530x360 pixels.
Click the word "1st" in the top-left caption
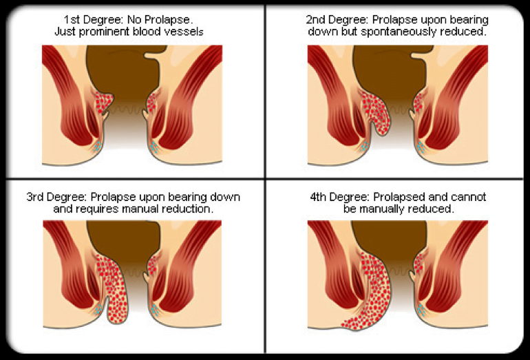tap(72, 19)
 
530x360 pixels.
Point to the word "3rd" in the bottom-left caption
tap(35, 197)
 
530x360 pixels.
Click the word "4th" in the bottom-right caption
tap(318, 197)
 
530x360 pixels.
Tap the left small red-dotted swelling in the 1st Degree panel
tap(102, 102)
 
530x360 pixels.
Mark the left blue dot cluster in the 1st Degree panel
tap(97, 146)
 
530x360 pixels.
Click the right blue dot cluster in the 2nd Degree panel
tap(421, 147)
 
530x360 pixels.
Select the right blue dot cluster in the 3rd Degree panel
tap(155, 309)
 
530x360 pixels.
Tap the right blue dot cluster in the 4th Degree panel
tap(420, 309)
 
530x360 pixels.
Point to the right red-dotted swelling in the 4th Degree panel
tap(418, 264)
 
